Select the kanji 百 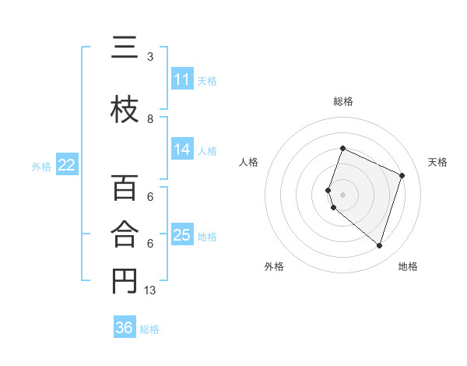coord(125,188)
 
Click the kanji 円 coord(125,281)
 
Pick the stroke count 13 coord(151,290)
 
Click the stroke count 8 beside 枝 coord(150,119)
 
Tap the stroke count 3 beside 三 coord(150,57)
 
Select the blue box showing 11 coord(181,79)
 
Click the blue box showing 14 coord(181,150)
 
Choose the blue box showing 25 coord(181,235)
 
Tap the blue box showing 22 coord(67,164)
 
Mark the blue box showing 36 coord(124,328)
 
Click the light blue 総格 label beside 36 coord(149,329)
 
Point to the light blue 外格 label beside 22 coord(41,166)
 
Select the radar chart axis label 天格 coord(437,162)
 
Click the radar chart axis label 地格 coord(408,266)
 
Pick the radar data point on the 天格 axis coord(402,175)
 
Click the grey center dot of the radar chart coord(342,194)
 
